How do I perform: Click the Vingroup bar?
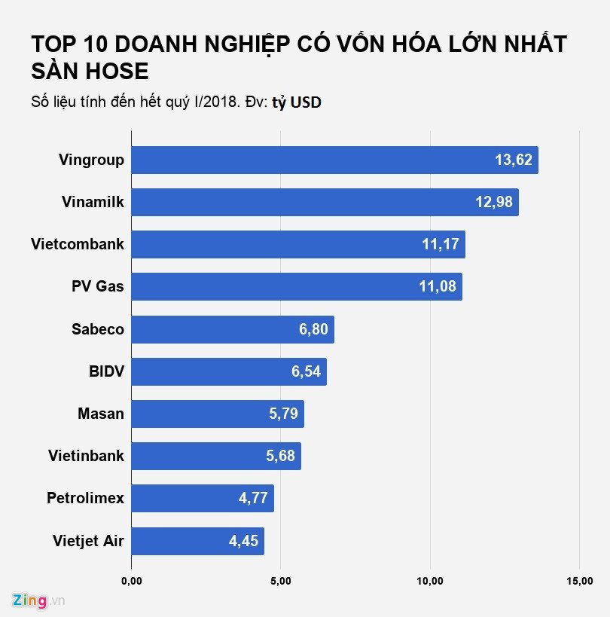point(334,160)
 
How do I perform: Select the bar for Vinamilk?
point(325,203)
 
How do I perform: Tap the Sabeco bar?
point(233,329)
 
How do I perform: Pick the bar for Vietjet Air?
point(197,540)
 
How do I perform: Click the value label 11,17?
point(441,245)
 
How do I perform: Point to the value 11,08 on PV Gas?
point(438,287)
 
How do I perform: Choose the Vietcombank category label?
point(78,244)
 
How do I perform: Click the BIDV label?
point(106,371)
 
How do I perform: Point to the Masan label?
point(101,414)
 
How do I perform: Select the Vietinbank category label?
point(86,456)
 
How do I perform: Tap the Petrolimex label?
point(85,498)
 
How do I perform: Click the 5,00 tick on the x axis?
point(281,580)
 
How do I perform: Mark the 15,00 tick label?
point(579,580)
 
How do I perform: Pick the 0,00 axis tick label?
point(132,580)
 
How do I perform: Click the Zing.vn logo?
point(38,600)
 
